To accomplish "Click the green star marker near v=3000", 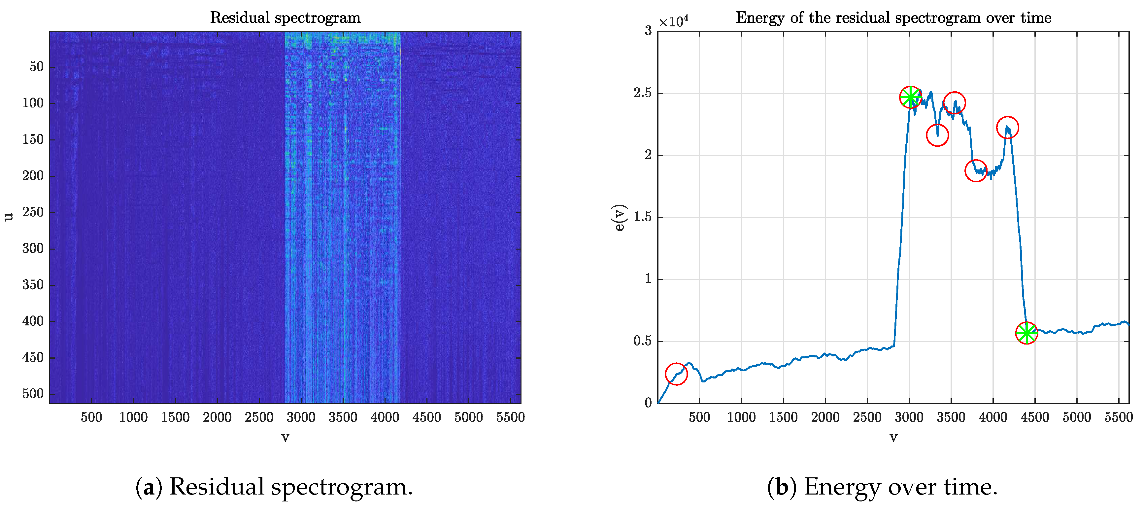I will click(910, 97).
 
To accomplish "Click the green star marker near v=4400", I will click(1026, 333).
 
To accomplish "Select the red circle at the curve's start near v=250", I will click(676, 374).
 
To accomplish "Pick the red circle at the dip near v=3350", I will click(937, 135).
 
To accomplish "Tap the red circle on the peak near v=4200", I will click(1007, 128).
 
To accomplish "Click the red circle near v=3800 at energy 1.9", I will click(976, 171).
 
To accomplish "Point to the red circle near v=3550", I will click(954, 103).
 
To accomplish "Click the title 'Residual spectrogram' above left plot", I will click(285, 18).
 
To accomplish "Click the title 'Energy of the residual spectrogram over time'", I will click(893, 18).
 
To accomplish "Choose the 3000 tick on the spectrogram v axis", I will click(301, 417).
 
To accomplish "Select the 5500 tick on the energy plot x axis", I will click(1118, 417).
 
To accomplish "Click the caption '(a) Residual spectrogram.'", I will click(274, 486).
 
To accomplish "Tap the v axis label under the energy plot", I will click(893, 437).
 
